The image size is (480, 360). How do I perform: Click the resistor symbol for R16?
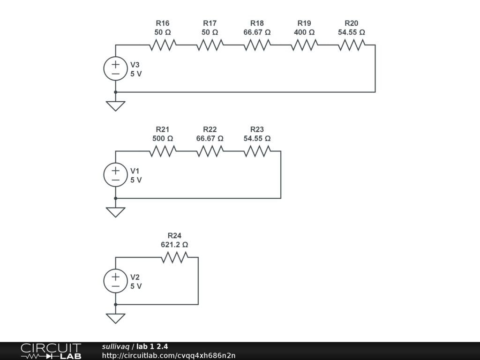pos(163,45)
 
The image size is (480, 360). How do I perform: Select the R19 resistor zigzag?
pos(304,45)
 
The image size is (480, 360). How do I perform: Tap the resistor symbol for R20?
pos(352,45)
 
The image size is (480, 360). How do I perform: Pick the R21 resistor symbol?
pos(163,151)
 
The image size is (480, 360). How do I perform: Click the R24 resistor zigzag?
pos(174,257)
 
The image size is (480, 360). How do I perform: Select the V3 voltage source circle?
pos(115,68)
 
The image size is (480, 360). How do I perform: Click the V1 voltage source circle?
pos(115,174)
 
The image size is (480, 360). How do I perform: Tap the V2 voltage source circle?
pos(115,281)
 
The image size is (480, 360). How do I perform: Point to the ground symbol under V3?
pos(115,106)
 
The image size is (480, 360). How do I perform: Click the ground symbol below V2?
pos(115,318)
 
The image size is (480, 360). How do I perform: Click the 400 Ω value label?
pos(304,32)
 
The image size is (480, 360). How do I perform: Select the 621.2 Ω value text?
pos(174,245)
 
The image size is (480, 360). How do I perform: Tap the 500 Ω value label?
pos(163,139)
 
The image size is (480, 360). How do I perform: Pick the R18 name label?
pos(257,23)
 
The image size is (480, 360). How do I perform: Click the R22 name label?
pos(210,129)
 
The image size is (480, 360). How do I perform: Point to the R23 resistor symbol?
pos(257,151)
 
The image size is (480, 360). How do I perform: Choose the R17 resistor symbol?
pos(210,45)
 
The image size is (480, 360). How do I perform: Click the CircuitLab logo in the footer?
pos(51,351)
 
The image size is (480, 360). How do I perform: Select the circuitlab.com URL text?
pos(169,355)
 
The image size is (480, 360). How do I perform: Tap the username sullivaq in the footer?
pos(116,346)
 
